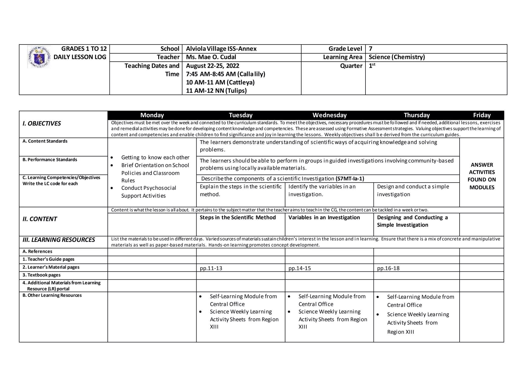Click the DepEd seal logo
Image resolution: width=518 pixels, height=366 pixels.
pos(39,57)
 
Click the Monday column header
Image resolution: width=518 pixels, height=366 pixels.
pos(152,115)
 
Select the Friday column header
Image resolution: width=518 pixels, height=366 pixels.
pos(482,115)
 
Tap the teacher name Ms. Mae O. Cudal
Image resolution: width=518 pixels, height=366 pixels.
pos(211,57)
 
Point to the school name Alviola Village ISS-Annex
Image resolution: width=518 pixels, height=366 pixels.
pos(221,49)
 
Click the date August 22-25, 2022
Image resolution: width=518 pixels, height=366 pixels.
pos(212,66)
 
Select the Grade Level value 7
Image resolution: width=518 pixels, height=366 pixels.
pos(371,49)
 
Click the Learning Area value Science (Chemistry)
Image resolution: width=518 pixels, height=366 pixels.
pos(397,57)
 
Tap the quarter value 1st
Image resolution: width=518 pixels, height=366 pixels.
pos(372,66)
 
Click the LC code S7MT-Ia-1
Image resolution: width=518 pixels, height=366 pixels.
pos(350,179)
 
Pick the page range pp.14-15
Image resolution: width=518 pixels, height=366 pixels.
pos(299,268)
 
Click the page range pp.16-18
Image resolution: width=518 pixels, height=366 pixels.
pos(388,268)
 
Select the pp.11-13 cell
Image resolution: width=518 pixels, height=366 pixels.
pos(211,268)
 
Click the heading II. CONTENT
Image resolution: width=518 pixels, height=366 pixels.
pos(40,219)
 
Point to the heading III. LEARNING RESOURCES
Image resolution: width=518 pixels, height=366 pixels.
pos(59,240)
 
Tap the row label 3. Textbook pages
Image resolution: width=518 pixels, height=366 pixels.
pos(41,275)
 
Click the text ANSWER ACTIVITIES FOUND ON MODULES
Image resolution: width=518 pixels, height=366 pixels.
pos(482,176)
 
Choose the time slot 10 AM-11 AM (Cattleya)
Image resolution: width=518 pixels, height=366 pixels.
pos(220,82)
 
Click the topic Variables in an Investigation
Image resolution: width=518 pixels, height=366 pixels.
pos(324,218)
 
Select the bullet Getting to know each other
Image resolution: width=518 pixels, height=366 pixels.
pos(155,157)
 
